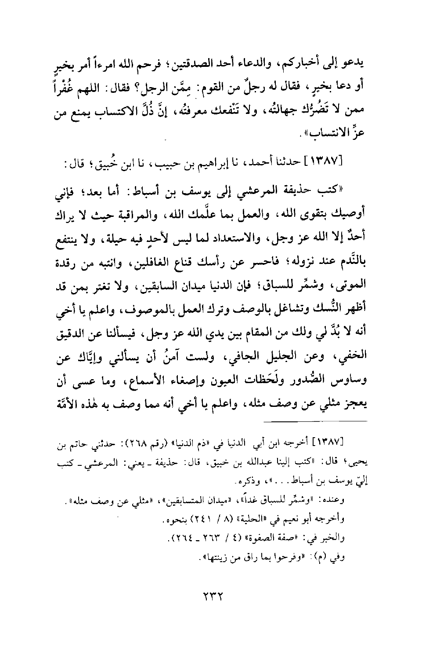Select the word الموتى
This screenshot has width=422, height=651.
[352, 284]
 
